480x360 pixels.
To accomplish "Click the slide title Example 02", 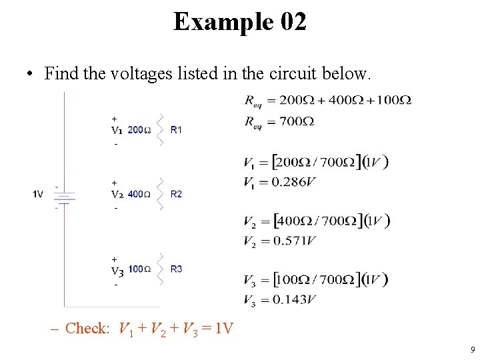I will point(240,22).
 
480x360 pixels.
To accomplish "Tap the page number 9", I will point(472,349).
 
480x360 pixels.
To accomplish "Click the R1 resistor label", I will point(176,130).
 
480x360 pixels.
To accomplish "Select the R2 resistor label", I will point(176,195).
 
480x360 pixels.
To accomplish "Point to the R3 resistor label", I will point(176,269).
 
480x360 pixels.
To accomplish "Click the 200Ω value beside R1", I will point(139,130).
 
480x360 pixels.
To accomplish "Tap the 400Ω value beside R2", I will point(139,195).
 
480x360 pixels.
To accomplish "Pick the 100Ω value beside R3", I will point(139,269).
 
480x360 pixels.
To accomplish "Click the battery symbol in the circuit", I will point(65,197).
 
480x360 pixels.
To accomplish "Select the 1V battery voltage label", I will point(38,195).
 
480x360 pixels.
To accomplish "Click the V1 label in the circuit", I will point(117,130).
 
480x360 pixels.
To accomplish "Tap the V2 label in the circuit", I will point(117,195).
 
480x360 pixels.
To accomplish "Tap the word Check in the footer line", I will point(87,329).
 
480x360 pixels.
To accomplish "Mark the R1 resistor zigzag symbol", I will point(160,130).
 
